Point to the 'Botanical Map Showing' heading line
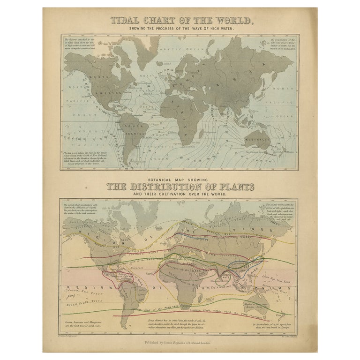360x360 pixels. pyautogui.click(x=180, y=179)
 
